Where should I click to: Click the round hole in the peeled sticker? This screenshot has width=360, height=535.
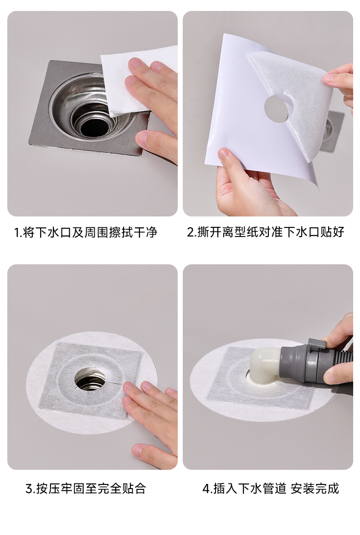tap(278, 108)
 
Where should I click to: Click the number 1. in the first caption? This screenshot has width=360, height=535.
tap(18, 233)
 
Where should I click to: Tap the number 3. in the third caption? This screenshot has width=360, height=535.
tap(31, 489)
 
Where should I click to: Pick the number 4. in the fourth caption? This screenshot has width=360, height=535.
tap(207, 489)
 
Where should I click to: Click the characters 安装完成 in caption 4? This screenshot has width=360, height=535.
tap(315, 489)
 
